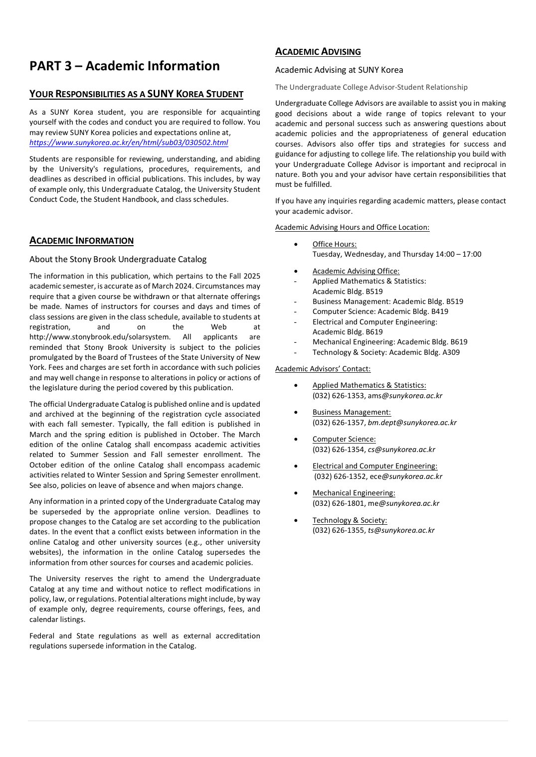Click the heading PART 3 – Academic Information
125,66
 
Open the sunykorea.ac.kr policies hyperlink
129,143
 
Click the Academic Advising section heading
318,52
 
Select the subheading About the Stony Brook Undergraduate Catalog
118,259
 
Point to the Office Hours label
335,244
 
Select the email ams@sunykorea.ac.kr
405,396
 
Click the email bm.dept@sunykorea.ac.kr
412,423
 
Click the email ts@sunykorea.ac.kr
401,530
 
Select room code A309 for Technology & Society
451,352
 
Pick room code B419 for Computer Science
439,311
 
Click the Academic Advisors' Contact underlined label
323,369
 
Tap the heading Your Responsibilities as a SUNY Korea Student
136,94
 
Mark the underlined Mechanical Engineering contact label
354,493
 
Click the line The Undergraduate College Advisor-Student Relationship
371,87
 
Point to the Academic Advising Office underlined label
356,271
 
